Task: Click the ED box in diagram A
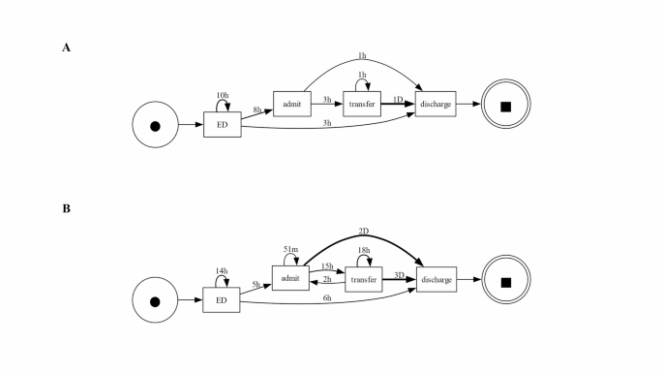coord(222,126)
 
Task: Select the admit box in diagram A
coord(289,104)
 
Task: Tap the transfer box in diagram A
coord(363,104)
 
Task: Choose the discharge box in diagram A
coord(436,104)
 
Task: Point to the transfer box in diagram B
coord(363,280)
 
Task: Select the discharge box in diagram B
coord(436,280)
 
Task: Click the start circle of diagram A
coord(154,126)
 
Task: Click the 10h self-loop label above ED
coord(222,95)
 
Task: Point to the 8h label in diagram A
coord(257,110)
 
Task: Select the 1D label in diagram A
coord(398,100)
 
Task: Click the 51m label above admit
coord(289,250)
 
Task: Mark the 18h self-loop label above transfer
coord(363,250)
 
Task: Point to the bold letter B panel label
coord(66,206)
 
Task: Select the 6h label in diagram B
coord(328,298)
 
